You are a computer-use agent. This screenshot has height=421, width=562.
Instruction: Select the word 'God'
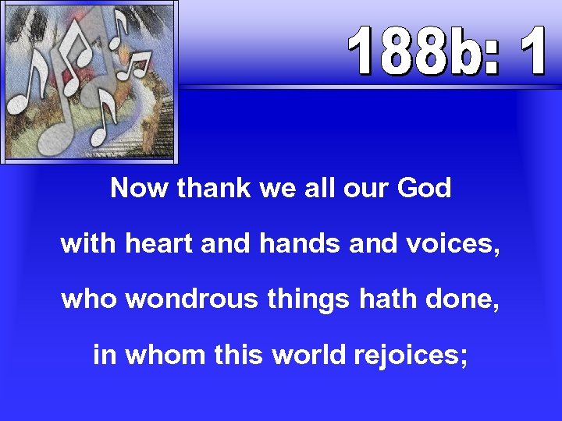pyautogui.click(x=424, y=189)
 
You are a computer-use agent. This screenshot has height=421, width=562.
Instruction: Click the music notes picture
pyautogui.click(x=90, y=81)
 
